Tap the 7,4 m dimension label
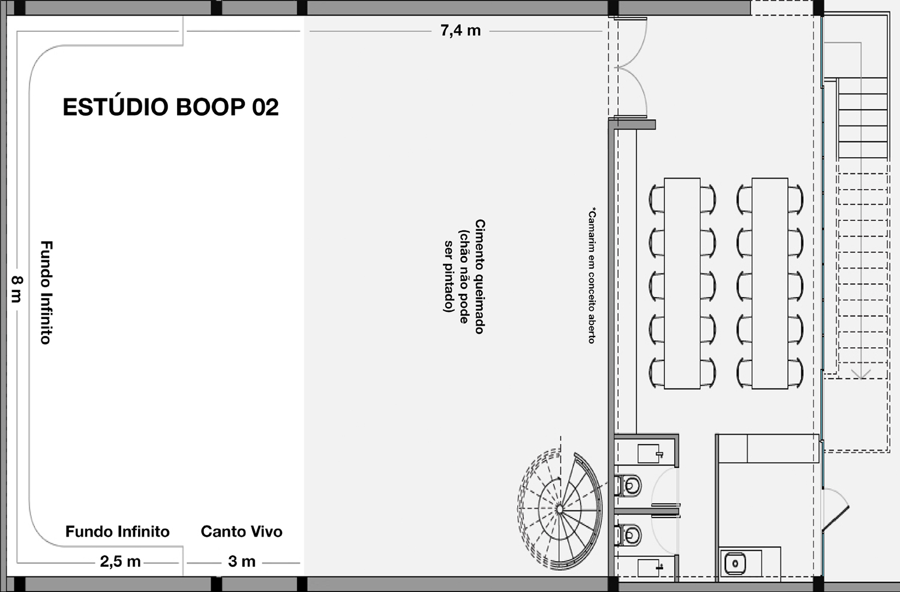pyautogui.click(x=460, y=31)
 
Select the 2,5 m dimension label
pyautogui.click(x=120, y=562)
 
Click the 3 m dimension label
pyautogui.click(x=242, y=561)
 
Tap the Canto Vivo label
pyautogui.click(x=241, y=531)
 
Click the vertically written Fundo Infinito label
pyautogui.click(x=47, y=292)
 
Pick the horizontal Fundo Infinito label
pyautogui.click(x=118, y=531)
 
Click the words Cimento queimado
pyautogui.click(x=480, y=277)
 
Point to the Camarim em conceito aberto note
pyautogui.click(x=592, y=275)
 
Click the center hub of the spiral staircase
pyautogui.click(x=559, y=509)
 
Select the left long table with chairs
pyautogui.click(x=682, y=284)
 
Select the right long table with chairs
pyautogui.click(x=770, y=284)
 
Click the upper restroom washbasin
pyautogui.click(x=650, y=453)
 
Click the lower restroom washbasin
pyautogui.click(x=650, y=568)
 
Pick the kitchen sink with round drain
pyautogui.click(x=735, y=563)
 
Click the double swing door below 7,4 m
pyautogui.click(x=631, y=67)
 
